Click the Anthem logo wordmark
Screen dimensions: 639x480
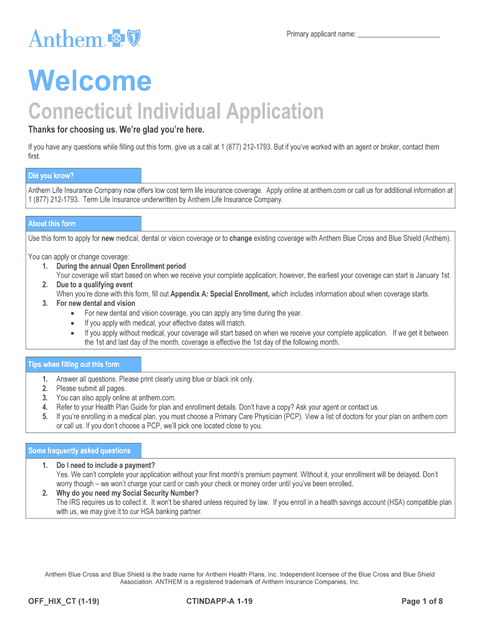[x=65, y=39]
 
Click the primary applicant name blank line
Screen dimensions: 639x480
[x=399, y=35]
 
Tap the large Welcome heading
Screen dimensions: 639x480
[x=90, y=82]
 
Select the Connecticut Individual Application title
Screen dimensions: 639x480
[x=176, y=112]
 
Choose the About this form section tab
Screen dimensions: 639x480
[x=52, y=223]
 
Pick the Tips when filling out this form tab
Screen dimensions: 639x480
[x=74, y=364]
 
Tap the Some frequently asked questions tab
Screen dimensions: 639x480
[x=79, y=451]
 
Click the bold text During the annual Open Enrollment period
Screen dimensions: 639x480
[x=121, y=266]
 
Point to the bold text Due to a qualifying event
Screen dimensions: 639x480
[x=94, y=285]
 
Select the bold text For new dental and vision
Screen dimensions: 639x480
[x=95, y=303]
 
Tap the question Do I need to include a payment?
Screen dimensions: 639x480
[x=105, y=466]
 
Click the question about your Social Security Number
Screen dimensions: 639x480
[x=127, y=493]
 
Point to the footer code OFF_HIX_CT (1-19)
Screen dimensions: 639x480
[x=64, y=602]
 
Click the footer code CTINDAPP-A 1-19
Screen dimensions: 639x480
[x=219, y=602]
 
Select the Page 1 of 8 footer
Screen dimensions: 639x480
[x=422, y=602]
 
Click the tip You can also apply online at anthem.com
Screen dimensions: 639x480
[x=116, y=398]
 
